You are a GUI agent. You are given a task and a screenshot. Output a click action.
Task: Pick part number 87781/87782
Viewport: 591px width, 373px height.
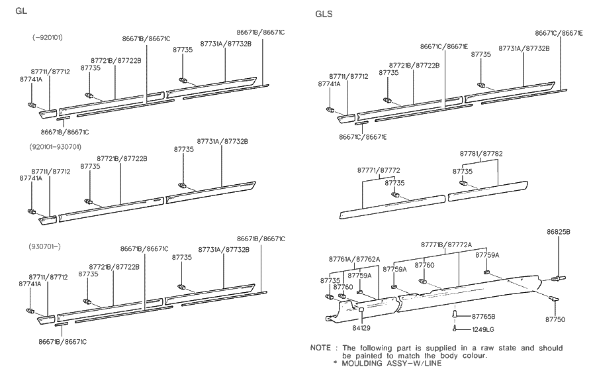[x=481, y=154]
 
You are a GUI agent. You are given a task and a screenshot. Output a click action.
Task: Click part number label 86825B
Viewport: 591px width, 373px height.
[x=558, y=233]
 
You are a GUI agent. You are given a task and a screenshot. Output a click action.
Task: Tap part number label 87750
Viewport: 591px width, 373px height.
[x=555, y=319]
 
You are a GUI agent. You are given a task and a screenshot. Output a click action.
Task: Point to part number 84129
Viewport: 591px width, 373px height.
[x=361, y=327]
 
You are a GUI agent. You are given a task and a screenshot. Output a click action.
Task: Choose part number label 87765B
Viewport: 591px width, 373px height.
[x=482, y=317]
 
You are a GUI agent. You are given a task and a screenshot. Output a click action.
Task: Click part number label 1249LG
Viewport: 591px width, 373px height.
[x=482, y=328]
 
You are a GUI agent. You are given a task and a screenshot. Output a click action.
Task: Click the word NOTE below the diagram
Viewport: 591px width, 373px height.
[x=322, y=347]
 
